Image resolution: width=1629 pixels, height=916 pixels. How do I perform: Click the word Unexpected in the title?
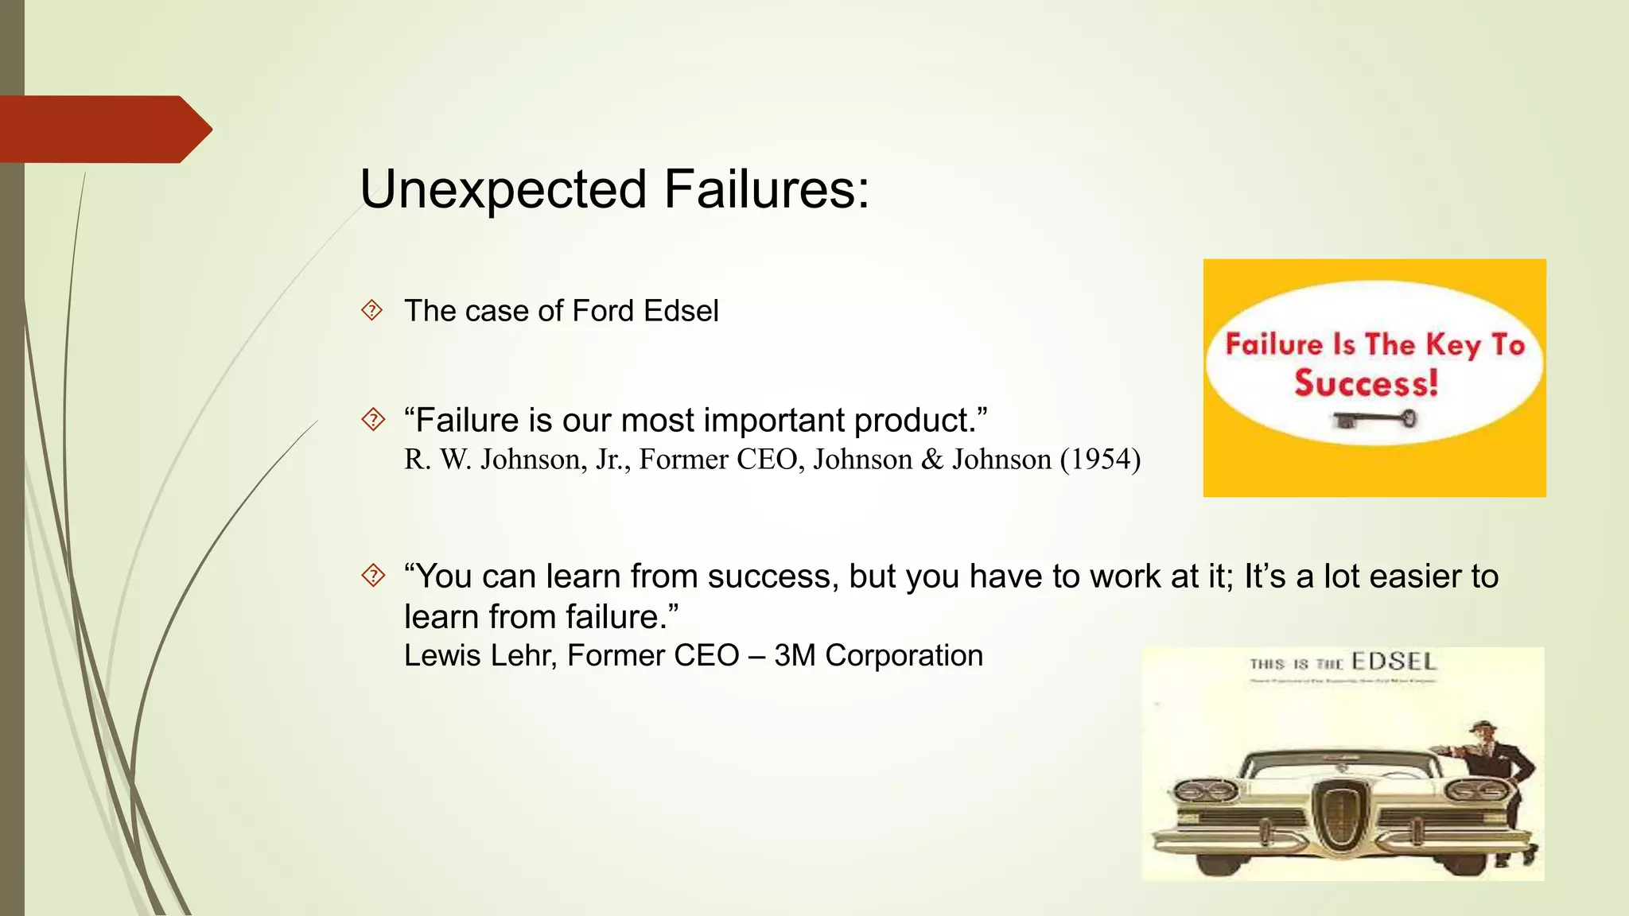pos(503,191)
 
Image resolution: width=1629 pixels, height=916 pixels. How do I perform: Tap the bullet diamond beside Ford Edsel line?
pos(371,310)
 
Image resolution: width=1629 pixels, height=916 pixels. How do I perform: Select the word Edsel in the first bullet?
pos(681,311)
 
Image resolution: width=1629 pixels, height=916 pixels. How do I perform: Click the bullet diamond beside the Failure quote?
pos(371,419)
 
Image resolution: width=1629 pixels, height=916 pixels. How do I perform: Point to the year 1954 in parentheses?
pos(1101,460)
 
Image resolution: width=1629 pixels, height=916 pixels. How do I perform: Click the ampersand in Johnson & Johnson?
pos(931,460)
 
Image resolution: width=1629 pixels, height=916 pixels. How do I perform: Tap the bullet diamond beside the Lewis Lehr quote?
pos(371,575)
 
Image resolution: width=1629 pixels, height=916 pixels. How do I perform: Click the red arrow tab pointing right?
pos(103,129)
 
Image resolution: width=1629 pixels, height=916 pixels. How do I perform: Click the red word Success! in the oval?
pos(1366,383)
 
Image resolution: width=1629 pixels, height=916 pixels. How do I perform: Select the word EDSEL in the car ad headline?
pos(1394,662)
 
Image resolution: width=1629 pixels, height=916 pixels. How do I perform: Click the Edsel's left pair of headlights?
pos(1207,791)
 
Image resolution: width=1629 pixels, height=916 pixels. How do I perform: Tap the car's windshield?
pos(1340,766)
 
